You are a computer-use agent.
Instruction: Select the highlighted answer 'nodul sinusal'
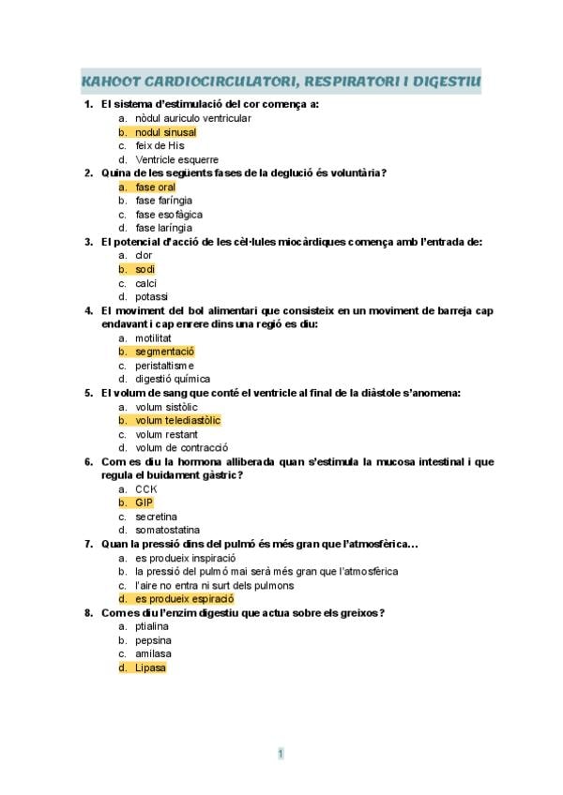[x=165, y=132]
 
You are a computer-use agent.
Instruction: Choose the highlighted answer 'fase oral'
[x=155, y=187]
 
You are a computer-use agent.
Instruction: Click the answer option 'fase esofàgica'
[x=168, y=214]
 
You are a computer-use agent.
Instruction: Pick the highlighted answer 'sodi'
[x=145, y=269]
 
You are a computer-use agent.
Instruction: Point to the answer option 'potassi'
[x=151, y=296]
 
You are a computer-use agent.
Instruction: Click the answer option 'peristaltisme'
[x=164, y=365]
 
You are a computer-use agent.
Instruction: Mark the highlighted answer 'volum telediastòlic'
[x=177, y=420]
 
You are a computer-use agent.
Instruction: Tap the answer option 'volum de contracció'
[x=181, y=447]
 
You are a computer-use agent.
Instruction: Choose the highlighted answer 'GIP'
[x=144, y=502]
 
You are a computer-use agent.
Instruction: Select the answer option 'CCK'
[x=145, y=488]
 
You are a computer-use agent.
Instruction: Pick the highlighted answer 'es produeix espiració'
[x=184, y=598]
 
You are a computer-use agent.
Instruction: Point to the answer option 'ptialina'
[x=153, y=626]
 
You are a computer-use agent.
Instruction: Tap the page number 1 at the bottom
[x=281, y=753]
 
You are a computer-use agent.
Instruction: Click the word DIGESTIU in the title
[x=445, y=82]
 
